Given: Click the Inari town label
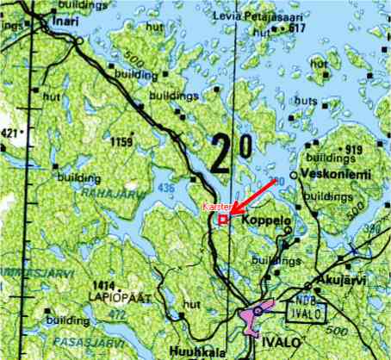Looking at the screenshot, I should pos(65,20).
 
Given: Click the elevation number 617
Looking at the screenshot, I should pos(298,28).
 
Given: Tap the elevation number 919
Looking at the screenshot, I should pos(354,150).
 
